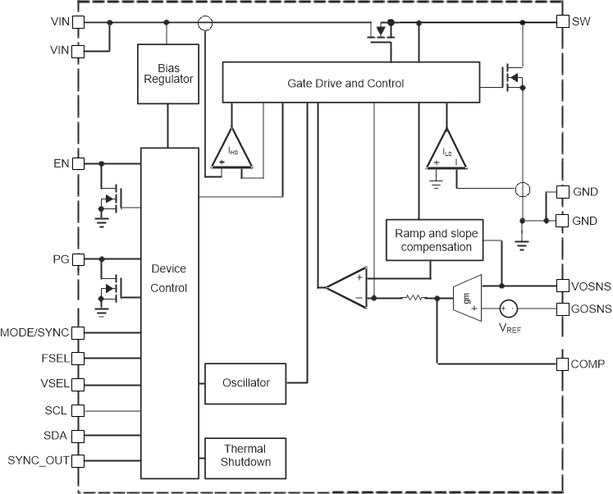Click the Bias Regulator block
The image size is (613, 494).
coord(168,73)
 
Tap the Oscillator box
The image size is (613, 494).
coord(245,383)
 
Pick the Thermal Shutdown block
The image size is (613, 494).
coord(245,455)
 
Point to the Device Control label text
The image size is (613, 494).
coord(169,278)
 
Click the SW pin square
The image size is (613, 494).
coord(562,21)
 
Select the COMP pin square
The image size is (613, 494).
coord(562,364)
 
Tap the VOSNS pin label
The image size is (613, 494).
coord(590,286)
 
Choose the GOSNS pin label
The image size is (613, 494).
coord(590,309)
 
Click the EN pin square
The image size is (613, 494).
coord(79,163)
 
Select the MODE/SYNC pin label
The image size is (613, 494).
coord(34,332)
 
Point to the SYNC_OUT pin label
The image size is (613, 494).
coord(39,460)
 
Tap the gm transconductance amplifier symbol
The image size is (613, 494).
coord(465,297)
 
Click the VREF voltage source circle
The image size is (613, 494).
coord(509,309)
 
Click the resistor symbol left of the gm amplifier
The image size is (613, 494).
coord(414,298)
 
